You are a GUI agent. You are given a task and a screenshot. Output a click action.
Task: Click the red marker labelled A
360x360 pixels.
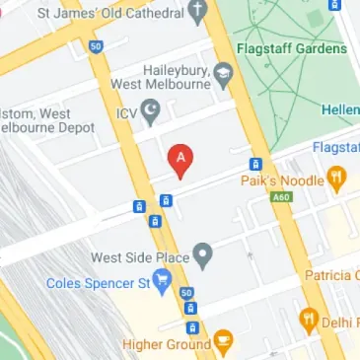point(180,159)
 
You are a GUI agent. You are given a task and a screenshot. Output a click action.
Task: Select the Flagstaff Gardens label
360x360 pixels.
point(292,48)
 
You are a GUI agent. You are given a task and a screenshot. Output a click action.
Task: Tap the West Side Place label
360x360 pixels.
point(139,257)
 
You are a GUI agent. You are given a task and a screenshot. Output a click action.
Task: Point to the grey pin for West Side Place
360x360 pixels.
point(203,255)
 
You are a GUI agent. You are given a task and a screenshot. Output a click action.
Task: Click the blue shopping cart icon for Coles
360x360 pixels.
point(162,284)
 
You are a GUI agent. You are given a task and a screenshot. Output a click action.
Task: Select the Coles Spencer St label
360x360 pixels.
point(97,284)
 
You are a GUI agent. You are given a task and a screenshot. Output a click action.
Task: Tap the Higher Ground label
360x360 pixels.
point(166,344)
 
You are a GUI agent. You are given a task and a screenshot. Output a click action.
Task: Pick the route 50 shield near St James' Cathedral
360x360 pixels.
point(95,45)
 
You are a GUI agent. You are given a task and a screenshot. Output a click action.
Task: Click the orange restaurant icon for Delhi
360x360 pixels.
point(309,321)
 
